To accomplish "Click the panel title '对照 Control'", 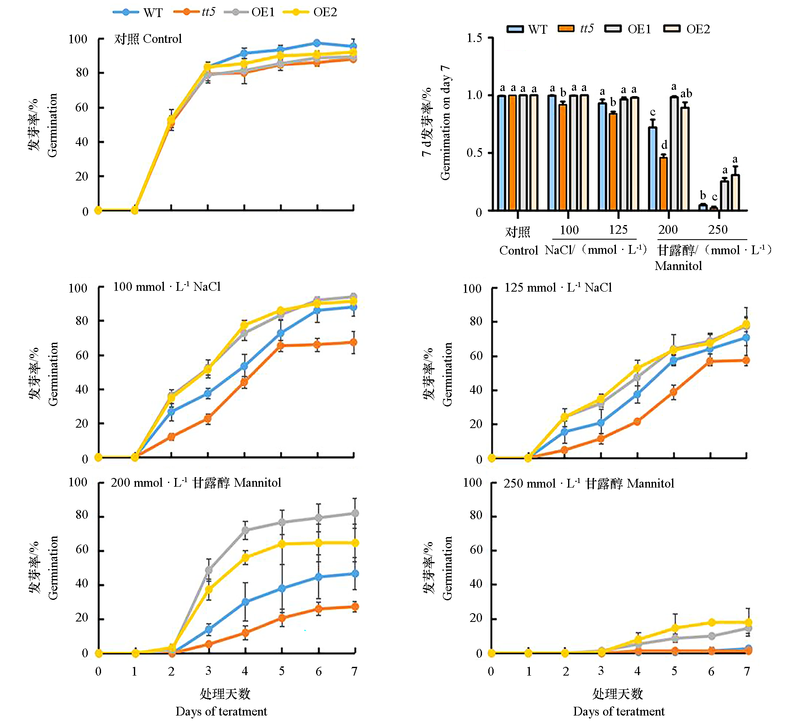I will (x=148, y=39).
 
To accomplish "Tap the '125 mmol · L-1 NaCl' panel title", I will (x=558, y=287).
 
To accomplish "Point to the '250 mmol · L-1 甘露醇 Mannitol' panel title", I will (x=588, y=483).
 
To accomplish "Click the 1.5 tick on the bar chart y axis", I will (x=474, y=38).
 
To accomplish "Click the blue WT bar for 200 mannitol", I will (x=653, y=168).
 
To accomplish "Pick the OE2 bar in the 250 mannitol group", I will (x=735, y=192).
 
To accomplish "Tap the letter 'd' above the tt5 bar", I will (x=664, y=145).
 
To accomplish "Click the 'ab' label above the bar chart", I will (x=686, y=93).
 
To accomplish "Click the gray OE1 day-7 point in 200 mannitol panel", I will (x=355, y=513).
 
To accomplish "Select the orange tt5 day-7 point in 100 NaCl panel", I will (x=353, y=342).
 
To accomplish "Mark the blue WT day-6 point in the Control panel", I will (x=317, y=43).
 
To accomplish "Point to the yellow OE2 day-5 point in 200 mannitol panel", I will (x=282, y=544).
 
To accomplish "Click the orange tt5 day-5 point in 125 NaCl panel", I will (x=674, y=392).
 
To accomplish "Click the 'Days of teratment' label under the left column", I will (x=221, y=711).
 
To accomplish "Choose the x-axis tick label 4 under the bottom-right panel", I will (x=638, y=671).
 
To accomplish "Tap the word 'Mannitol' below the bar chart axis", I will (x=678, y=266).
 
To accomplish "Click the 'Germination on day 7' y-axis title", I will (x=445, y=123).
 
